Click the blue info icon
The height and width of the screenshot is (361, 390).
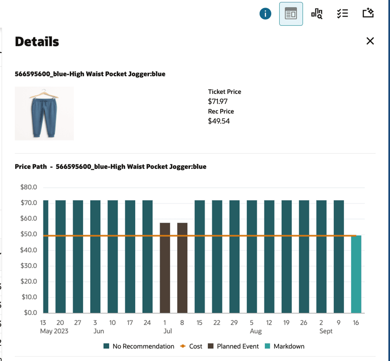tap(265, 14)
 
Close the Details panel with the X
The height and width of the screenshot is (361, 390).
tap(370, 41)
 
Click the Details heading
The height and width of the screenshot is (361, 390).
tap(37, 41)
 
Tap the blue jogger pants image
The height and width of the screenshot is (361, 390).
tap(44, 113)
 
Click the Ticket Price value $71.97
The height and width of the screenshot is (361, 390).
tap(218, 101)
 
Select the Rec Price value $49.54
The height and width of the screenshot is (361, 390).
tap(219, 121)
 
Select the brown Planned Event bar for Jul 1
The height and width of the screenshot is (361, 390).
tap(165, 268)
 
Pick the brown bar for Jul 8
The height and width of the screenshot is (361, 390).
tap(182, 268)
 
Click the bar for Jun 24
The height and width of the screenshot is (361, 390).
tap(148, 257)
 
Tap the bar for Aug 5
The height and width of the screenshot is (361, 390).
tap(252, 257)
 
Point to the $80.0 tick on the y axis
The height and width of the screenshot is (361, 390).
tap(28, 187)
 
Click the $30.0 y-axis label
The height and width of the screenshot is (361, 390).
tap(28, 265)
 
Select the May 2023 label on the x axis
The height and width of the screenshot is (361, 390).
tap(54, 331)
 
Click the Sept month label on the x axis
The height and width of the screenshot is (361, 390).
tap(326, 331)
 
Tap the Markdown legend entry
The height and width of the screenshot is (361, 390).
tap(285, 346)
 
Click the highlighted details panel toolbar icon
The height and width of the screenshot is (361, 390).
tap(291, 14)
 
